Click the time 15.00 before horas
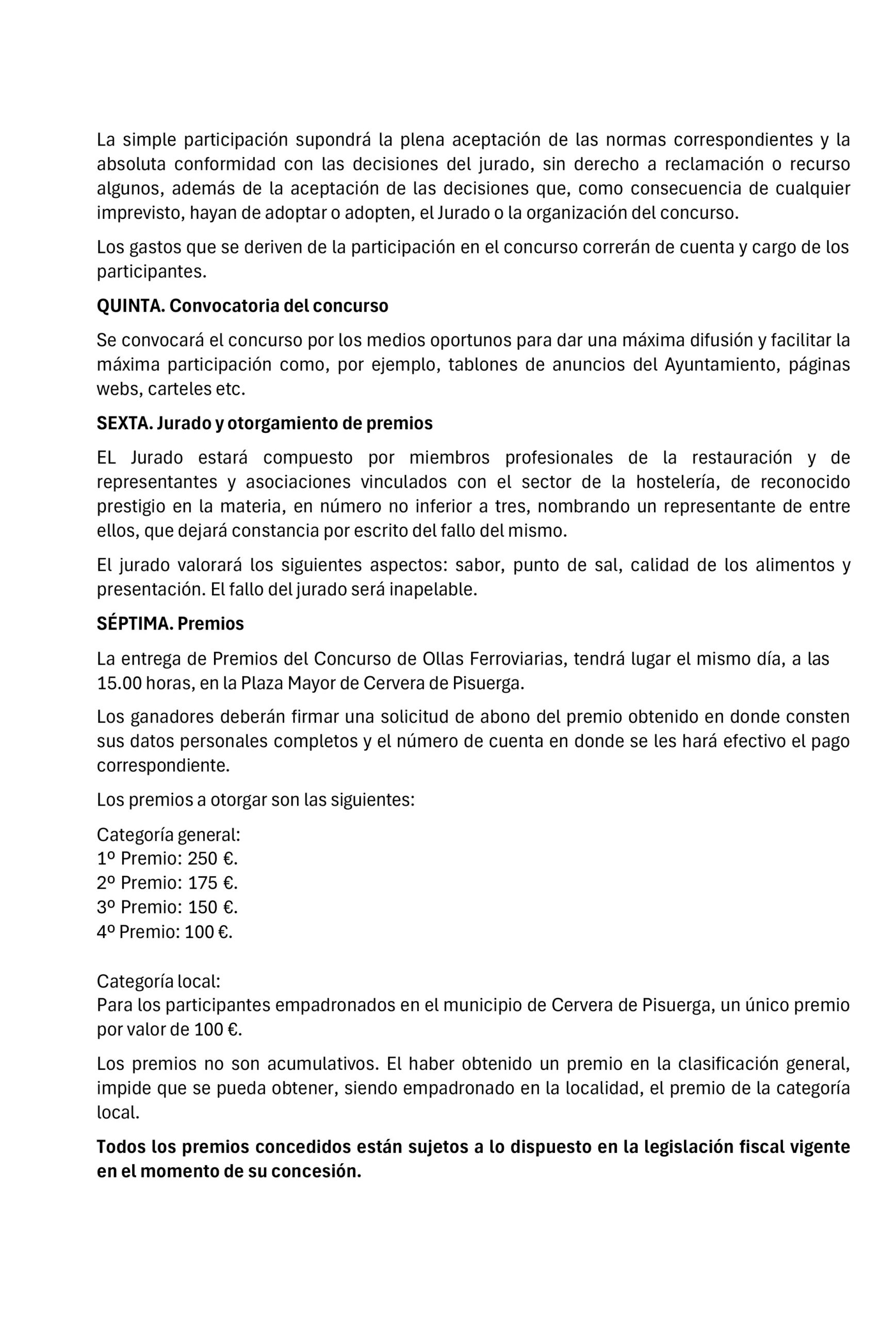(x=119, y=683)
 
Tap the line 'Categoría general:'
(x=168, y=834)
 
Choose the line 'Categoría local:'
(x=158, y=981)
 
